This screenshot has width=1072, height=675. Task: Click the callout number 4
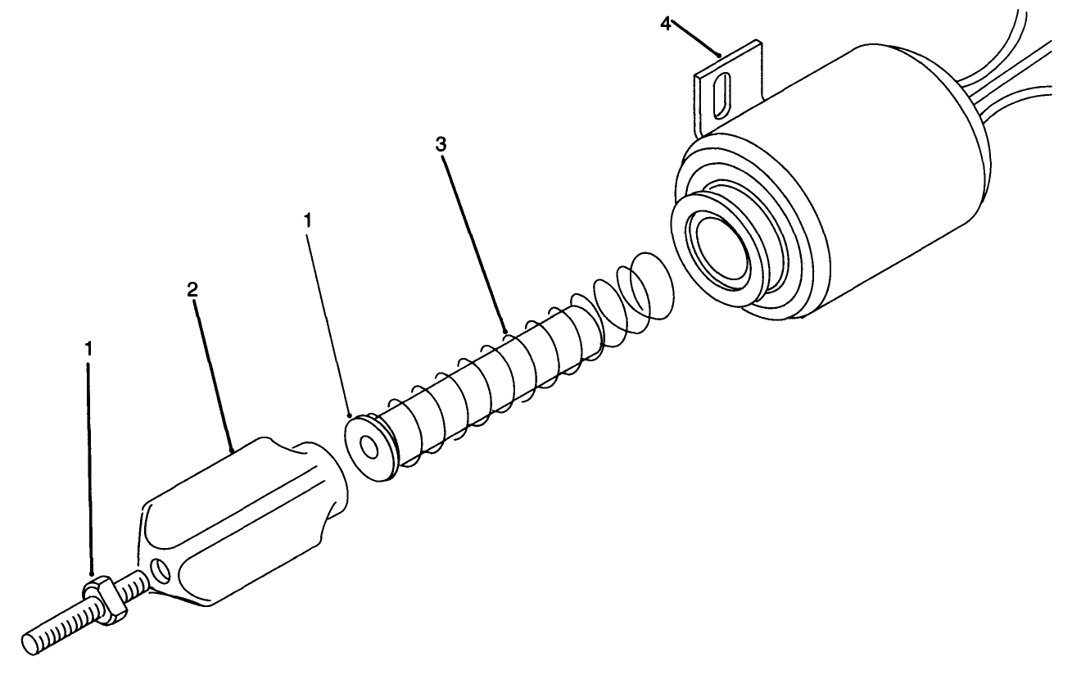666,23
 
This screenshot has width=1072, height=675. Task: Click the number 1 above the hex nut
88,347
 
